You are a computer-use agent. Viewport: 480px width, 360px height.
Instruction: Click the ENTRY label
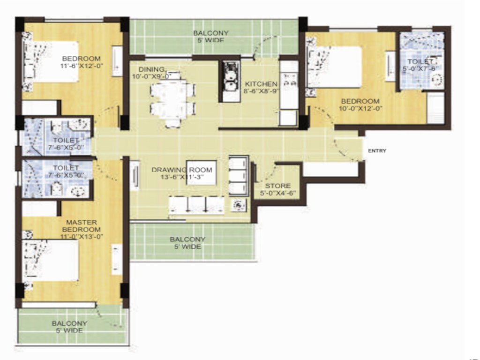coord(377,150)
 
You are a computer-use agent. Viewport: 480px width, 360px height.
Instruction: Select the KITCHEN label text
coord(261,84)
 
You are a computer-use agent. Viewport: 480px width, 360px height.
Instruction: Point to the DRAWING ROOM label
coord(182,170)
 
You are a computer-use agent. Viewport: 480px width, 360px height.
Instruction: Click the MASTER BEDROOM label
coord(82,225)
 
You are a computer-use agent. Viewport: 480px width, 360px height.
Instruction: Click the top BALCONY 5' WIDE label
coord(210,37)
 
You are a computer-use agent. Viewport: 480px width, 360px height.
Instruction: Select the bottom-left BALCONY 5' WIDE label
coord(69,327)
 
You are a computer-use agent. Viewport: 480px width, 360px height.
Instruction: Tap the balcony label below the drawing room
coord(187,243)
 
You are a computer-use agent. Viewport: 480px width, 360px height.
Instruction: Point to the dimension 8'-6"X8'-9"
coord(261,91)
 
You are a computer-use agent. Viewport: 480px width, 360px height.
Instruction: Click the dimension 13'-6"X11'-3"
coord(182,177)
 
